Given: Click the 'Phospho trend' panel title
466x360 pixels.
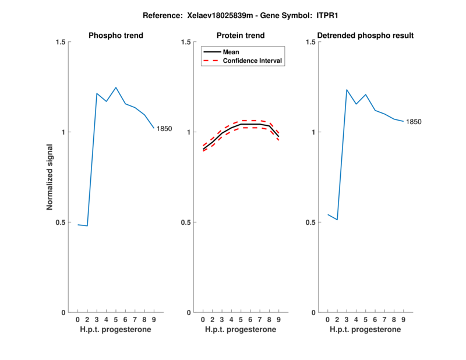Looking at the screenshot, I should pyautogui.click(x=115, y=36).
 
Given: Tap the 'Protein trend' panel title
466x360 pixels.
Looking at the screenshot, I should pyautogui.click(x=241, y=36).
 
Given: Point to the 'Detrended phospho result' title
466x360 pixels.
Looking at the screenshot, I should pyautogui.click(x=366, y=36).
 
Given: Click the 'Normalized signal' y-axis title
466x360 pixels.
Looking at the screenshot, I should pyautogui.click(x=51, y=177).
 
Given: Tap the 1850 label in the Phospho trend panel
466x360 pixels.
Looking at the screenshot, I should pyautogui.click(x=164, y=129).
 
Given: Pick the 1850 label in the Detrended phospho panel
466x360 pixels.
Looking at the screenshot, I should pyautogui.click(x=414, y=122).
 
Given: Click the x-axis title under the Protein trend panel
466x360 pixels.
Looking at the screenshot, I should pyautogui.click(x=241, y=330).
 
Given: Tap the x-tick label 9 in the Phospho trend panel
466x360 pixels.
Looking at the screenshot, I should pyautogui.click(x=154, y=319).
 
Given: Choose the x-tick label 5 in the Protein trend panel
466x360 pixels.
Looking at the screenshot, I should pyautogui.click(x=241, y=319).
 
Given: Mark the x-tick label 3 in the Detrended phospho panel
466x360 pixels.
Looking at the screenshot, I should pyautogui.click(x=347, y=319).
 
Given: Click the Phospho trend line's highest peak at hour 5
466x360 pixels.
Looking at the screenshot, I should pyautogui.click(x=116, y=87).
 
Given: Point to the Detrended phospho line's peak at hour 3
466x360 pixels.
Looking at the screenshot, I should pyautogui.click(x=347, y=90).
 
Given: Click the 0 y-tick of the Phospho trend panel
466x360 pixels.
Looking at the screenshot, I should pyautogui.click(x=63, y=313).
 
